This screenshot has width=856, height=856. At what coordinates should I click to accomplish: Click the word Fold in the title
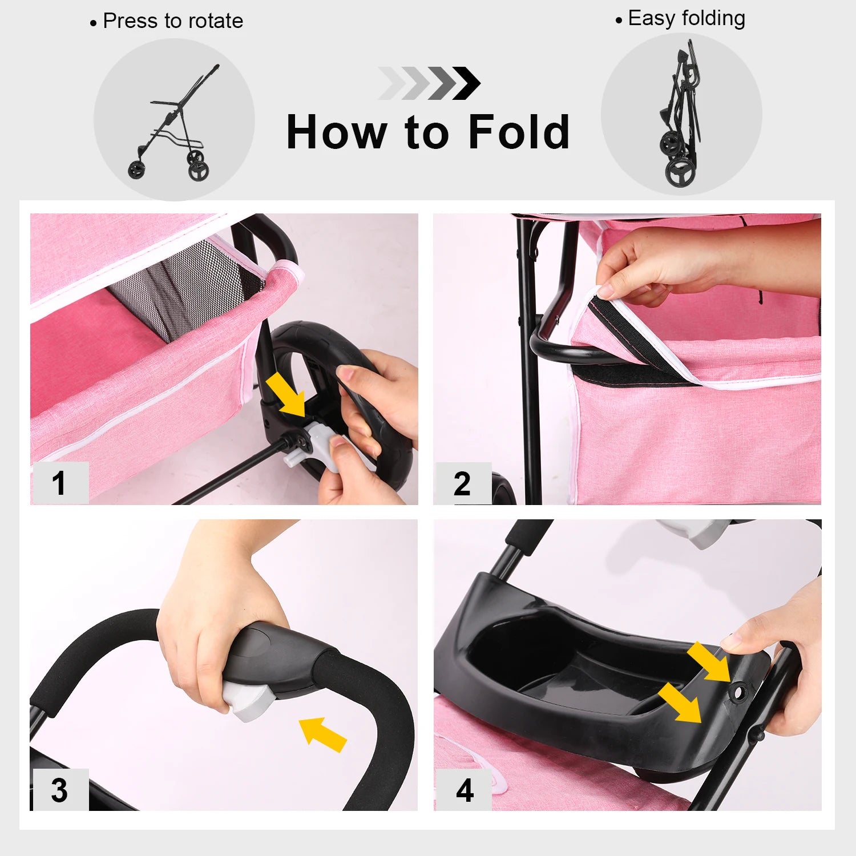tap(518, 132)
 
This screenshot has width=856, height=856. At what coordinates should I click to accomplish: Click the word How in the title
tap(336, 132)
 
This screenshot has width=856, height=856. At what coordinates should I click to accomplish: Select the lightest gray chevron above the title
tap(391, 83)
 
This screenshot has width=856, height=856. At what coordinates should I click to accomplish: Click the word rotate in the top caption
tap(215, 21)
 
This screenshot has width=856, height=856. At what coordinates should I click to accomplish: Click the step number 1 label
tap(59, 483)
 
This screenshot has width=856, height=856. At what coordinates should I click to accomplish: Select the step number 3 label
tap(59, 790)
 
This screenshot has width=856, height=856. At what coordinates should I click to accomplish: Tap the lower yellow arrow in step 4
tap(680, 704)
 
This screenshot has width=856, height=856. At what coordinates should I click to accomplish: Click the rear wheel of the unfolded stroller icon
tap(198, 169)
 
